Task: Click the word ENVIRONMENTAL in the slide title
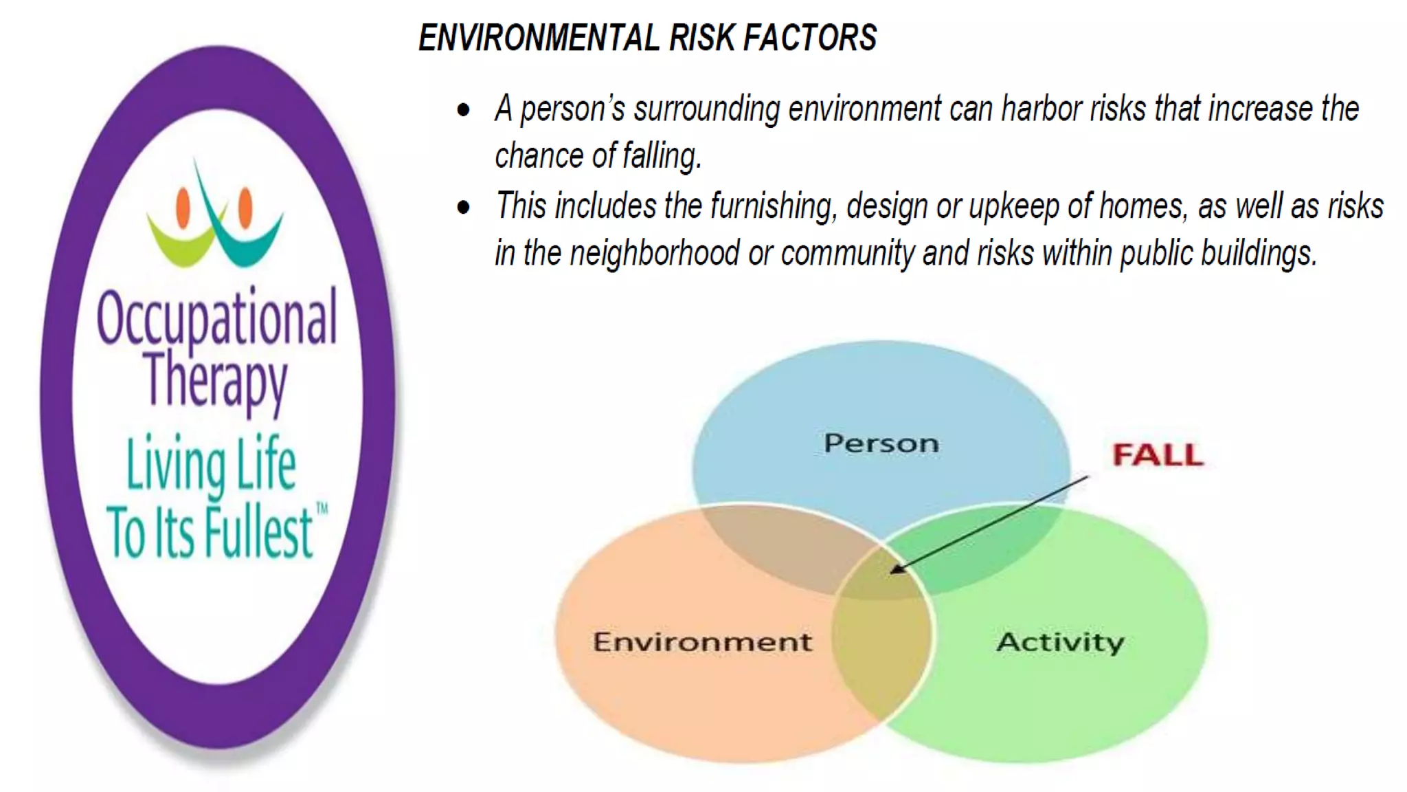[539, 37]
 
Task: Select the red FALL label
[1158, 455]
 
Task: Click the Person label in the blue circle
[881, 443]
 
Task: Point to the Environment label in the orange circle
[702, 642]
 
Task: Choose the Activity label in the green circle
[1060, 642]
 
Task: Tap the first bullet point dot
[464, 110]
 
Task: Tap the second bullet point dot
[464, 207]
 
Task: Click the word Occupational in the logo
[217, 318]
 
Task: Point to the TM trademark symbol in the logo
[322, 509]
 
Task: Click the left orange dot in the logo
[183, 207]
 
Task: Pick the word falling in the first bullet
[662, 156]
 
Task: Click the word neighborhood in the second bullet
[654, 254]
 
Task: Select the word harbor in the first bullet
[1042, 109]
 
